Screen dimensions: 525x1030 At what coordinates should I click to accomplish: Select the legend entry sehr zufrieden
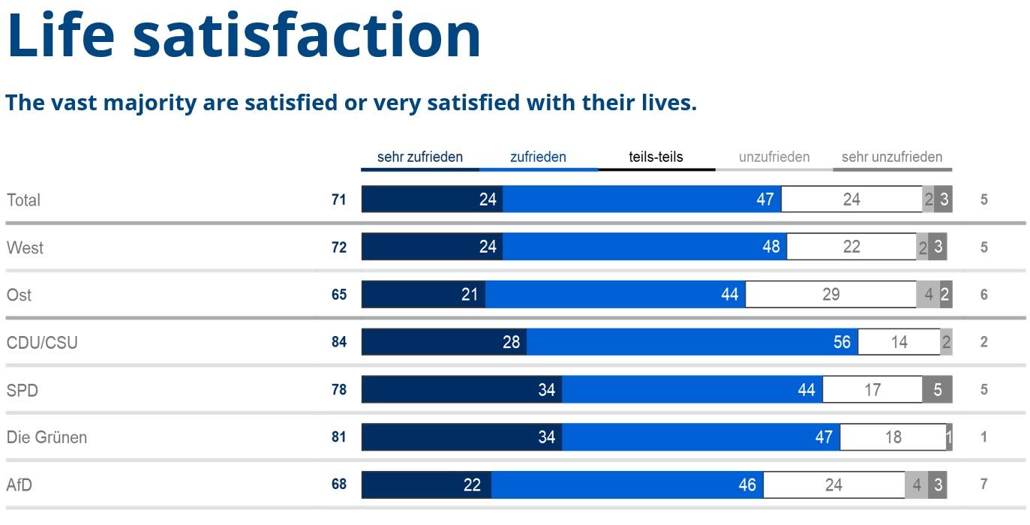[x=419, y=157]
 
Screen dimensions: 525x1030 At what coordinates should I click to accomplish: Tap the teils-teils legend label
[x=656, y=157]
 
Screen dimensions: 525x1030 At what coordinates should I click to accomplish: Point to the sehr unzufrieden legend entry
[x=891, y=157]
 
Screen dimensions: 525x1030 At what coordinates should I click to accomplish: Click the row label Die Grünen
[x=47, y=437]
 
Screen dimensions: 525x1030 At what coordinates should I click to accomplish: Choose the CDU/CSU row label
[x=42, y=343]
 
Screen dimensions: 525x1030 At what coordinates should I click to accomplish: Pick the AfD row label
[x=20, y=485]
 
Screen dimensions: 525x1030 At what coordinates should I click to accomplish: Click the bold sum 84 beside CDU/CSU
[x=339, y=342]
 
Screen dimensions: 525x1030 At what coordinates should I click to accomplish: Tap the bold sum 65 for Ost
[x=339, y=295]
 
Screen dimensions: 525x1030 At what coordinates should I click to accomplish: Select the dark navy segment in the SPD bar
[x=461, y=390]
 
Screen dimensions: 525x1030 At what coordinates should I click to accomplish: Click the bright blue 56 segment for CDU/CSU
[x=692, y=342]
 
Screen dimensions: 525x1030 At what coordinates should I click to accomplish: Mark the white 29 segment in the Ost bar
[x=830, y=295]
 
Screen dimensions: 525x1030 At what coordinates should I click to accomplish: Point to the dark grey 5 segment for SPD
[x=937, y=390]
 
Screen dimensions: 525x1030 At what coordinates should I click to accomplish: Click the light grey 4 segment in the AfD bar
[x=916, y=485]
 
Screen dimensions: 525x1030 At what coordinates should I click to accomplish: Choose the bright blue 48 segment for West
[x=644, y=247]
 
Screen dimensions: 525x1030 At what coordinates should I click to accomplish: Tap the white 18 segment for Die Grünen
[x=893, y=437]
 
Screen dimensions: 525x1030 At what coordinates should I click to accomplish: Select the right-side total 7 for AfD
[x=984, y=484]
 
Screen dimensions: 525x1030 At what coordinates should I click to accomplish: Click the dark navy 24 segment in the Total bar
[x=432, y=199]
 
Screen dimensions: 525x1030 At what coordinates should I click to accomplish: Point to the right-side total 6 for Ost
[x=984, y=295]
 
